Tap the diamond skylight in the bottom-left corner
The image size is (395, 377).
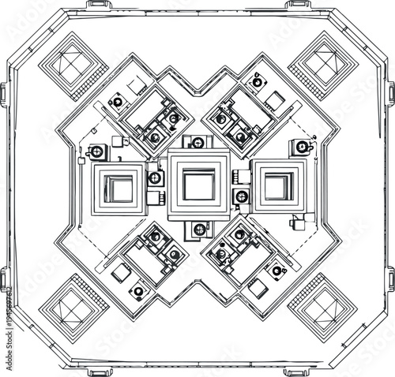(x=74, y=305)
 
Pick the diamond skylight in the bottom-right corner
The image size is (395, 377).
(x=320, y=305)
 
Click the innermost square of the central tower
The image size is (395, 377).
(x=198, y=185)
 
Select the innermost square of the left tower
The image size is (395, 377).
(x=120, y=187)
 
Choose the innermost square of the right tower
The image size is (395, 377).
(x=276, y=187)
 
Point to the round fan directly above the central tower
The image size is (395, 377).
(x=198, y=143)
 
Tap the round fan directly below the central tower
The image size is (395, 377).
(x=198, y=230)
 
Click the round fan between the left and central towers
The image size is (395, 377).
(x=155, y=178)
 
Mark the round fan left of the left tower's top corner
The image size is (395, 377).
(x=96, y=151)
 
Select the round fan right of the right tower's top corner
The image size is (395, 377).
(x=300, y=147)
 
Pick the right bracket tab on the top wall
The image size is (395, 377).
(x=299, y=5)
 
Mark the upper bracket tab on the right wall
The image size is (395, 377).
(x=391, y=92)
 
